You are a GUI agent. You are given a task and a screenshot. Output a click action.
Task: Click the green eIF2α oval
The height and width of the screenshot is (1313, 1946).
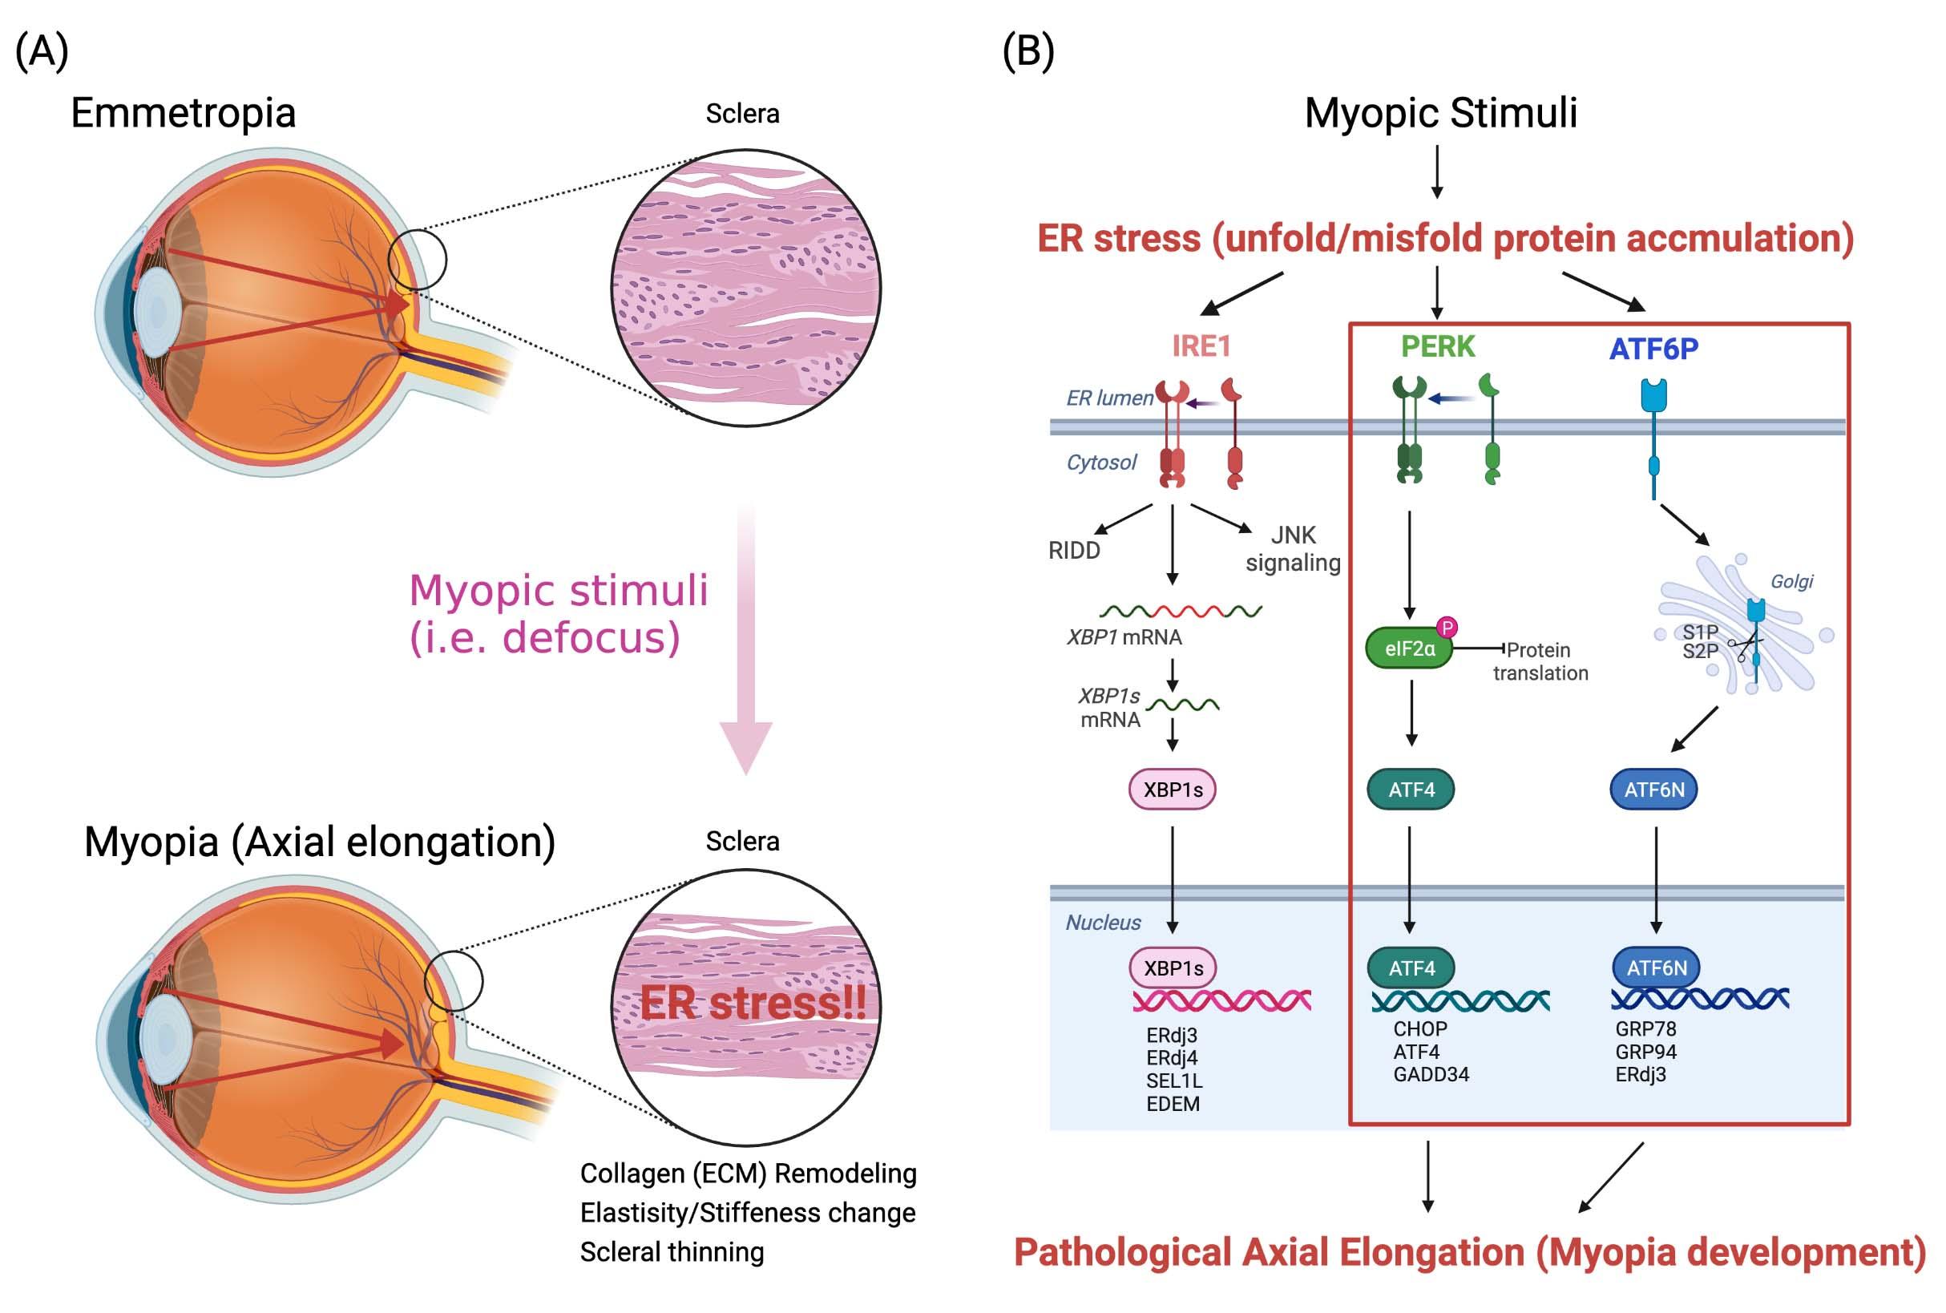tap(1409, 649)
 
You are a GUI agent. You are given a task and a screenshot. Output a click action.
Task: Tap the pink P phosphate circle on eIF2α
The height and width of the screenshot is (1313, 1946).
tap(1447, 627)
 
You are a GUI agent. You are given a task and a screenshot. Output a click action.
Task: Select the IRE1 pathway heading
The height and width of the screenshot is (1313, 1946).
tap(1201, 345)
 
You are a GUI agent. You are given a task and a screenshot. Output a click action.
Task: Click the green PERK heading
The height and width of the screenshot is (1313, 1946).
tap(1438, 345)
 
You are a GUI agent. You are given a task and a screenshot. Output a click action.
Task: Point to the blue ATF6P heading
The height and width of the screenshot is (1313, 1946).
tap(1653, 349)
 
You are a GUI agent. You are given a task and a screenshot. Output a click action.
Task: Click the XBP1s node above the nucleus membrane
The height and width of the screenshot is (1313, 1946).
tap(1173, 790)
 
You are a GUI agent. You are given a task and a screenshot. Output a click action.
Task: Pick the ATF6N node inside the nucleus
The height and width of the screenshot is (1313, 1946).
tap(1657, 968)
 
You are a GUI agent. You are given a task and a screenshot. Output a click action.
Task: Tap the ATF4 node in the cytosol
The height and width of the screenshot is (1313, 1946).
tap(1411, 790)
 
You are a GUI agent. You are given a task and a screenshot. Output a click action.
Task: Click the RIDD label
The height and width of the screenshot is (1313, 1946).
tap(1074, 551)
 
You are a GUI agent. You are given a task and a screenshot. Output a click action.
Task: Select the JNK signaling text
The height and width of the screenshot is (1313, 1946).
tap(1293, 548)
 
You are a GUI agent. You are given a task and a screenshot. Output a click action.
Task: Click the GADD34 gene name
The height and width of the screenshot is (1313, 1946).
tap(1431, 1074)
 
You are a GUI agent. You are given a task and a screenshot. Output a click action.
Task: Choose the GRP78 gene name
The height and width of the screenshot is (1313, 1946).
tap(1645, 1029)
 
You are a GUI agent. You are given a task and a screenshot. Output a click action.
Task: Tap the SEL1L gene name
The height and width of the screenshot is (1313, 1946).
tap(1174, 1081)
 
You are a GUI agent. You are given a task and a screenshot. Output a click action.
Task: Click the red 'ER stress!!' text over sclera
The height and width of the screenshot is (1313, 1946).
tap(753, 1003)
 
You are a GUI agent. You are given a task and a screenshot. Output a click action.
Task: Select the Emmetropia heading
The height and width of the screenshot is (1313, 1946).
tap(184, 113)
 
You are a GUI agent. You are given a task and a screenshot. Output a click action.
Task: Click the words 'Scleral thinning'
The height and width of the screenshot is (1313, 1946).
tap(672, 1252)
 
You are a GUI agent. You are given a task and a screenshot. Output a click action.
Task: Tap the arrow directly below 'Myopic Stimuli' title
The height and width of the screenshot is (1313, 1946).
tap(1437, 172)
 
